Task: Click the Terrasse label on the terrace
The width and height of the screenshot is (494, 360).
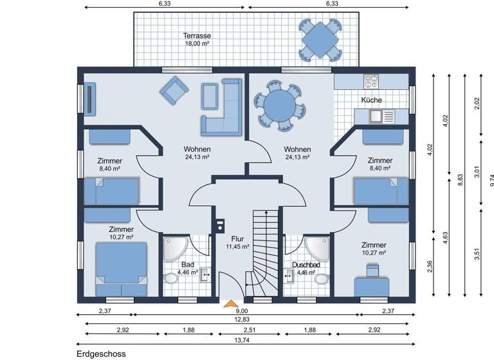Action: coord(197,36)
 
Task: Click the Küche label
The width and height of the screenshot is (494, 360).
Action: coord(371,100)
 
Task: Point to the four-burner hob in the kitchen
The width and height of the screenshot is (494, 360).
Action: coord(372,82)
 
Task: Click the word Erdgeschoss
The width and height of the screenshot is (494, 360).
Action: coord(100,354)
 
